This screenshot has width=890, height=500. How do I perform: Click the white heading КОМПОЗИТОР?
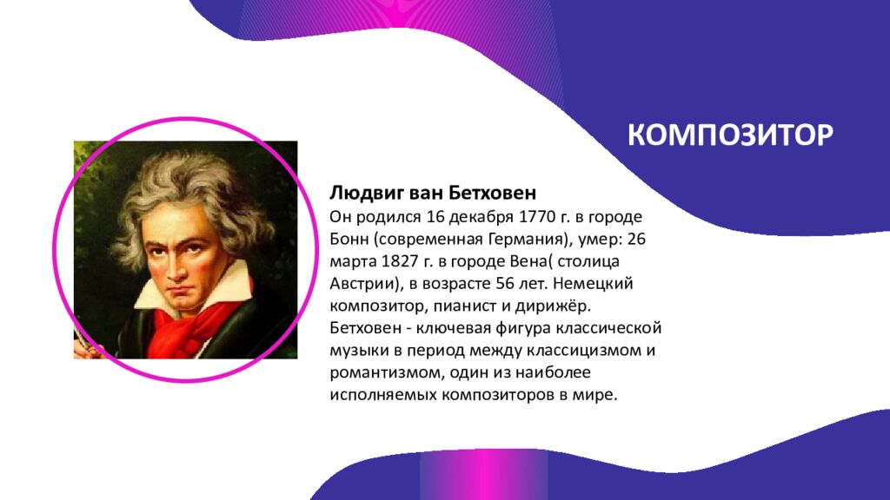(731, 135)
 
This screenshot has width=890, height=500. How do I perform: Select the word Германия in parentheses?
(527, 237)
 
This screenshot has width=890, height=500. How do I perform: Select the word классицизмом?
(600, 351)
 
